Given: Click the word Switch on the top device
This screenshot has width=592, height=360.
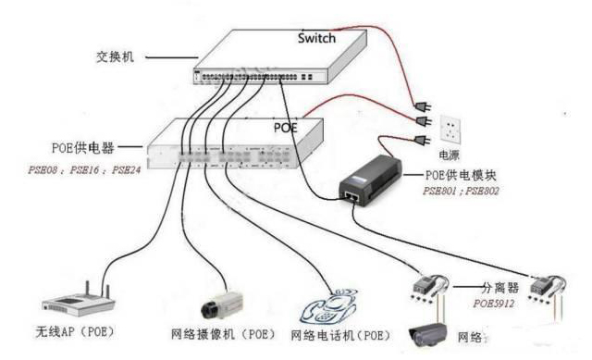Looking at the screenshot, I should coord(316,39).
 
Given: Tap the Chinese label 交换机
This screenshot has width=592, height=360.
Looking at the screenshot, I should coord(116,56).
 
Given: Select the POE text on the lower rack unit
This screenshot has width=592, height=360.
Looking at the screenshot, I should coord(285,127).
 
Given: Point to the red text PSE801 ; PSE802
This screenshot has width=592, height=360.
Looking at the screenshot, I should coord(459,192).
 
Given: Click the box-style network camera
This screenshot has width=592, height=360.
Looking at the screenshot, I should coord(222,300).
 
